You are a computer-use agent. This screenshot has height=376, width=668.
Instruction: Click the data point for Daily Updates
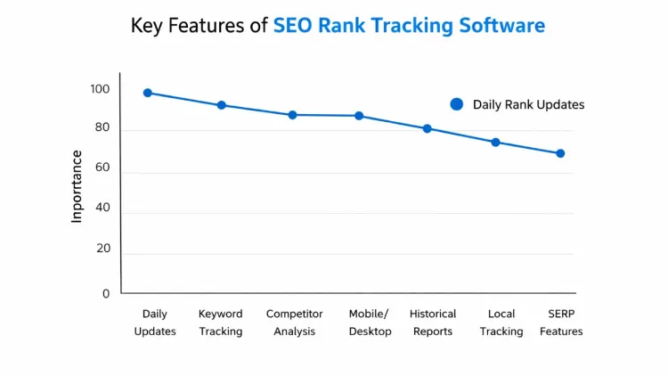click(x=148, y=93)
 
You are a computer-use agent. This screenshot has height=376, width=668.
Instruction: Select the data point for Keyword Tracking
click(x=221, y=105)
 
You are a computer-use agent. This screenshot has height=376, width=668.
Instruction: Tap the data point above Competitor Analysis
click(x=292, y=115)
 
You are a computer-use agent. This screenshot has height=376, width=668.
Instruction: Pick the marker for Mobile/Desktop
click(x=359, y=116)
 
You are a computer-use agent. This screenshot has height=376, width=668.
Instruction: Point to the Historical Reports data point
click(x=428, y=128)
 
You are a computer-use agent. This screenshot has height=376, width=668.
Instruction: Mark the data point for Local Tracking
click(x=495, y=143)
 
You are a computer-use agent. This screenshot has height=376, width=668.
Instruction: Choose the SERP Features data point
click(x=560, y=153)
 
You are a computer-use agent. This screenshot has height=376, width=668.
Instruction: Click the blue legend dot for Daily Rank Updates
click(x=457, y=104)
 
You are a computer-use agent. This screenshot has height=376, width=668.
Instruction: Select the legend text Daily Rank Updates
click(x=528, y=104)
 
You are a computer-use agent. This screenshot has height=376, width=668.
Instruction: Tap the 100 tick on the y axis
click(x=99, y=89)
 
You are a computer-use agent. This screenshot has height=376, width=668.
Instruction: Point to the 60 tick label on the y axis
click(x=102, y=168)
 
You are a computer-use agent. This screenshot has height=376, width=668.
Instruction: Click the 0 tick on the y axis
click(x=105, y=293)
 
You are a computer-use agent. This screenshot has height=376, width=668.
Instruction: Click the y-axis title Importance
click(x=77, y=186)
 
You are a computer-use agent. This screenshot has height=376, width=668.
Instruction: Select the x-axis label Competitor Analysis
click(x=293, y=323)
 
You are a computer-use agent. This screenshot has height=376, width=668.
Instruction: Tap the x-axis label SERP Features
click(x=561, y=323)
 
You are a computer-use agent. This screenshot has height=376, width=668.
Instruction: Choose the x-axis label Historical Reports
click(x=433, y=323)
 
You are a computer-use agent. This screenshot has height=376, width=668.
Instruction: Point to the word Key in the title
click(x=147, y=25)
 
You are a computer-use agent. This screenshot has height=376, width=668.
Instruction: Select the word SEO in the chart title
click(x=292, y=25)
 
